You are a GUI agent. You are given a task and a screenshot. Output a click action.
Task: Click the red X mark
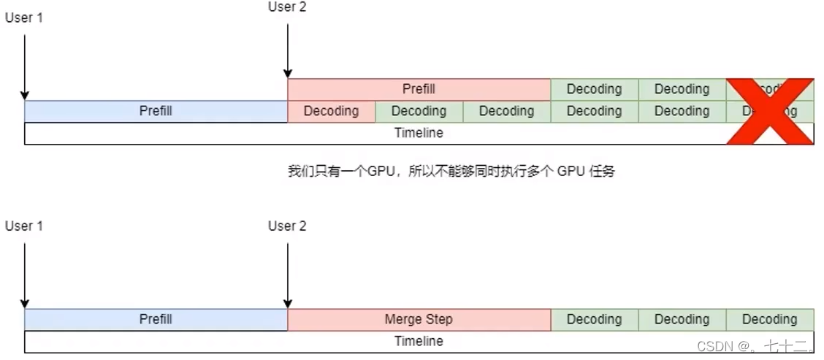(769, 111)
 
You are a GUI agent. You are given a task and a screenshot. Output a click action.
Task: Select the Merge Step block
(419, 319)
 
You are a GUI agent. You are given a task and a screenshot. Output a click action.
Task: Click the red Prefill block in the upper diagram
(419, 89)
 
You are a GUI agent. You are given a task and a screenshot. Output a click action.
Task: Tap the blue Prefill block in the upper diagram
(156, 111)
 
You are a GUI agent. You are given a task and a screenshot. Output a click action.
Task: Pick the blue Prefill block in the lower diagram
(156, 319)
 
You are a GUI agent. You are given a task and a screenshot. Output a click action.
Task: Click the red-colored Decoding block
(331, 111)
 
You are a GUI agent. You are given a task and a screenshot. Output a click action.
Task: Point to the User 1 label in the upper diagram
(24, 18)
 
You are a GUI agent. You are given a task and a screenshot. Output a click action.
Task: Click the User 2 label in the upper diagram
(287, 7)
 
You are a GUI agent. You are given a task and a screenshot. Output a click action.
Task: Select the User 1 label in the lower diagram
(24, 226)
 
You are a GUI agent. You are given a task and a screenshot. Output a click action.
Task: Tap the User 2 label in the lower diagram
(287, 226)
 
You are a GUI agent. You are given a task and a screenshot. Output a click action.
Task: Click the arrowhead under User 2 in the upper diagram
(288, 74)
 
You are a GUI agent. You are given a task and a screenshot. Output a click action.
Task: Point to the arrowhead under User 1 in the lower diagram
(25, 304)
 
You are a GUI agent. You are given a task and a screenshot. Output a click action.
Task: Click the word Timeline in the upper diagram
(419, 133)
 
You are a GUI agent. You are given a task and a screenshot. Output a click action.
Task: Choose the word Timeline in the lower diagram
(419, 341)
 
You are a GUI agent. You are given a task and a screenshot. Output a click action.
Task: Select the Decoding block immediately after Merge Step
(594, 319)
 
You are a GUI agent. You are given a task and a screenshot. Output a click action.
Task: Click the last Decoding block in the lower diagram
(769, 319)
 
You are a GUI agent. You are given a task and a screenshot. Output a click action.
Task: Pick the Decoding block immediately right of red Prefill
(594, 89)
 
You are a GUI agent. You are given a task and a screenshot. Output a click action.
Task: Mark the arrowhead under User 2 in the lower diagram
(288, 304)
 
